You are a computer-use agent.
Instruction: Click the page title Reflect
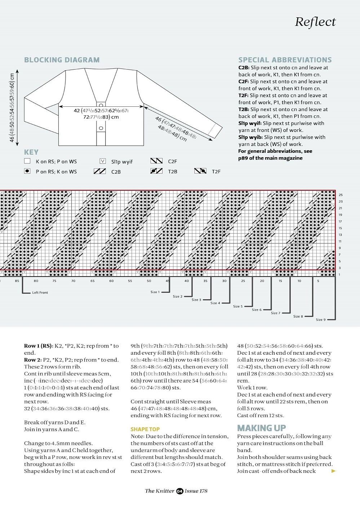click(x=315, y=22)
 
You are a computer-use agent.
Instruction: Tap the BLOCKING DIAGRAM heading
click(x=62, y=60)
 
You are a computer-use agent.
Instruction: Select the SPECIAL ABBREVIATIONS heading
click(x=285, y=60)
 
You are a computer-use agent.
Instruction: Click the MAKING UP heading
click(x=261, y=428)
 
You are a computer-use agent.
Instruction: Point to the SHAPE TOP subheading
click(x=145, y=429)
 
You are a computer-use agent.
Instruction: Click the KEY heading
click(x=31, y=152)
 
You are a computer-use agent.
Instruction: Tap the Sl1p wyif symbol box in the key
click(x=103, y=161)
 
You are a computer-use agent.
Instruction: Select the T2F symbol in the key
click(x=200, y=171)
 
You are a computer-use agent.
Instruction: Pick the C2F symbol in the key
click(x=156, y=161)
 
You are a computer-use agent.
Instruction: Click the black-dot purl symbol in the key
click(x=27, y=171)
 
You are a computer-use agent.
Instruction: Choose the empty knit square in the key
click(x=27, y=161)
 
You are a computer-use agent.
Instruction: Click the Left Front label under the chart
click(x=40, y=292)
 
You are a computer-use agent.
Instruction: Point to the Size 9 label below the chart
click(x=320, y=319)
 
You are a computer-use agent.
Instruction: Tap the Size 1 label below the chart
click(x=155, y=292)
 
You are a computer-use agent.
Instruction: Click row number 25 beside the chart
click(x=341, y=195)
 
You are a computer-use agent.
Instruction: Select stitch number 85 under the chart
click(x=17, y=281)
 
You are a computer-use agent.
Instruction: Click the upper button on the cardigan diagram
click(x=101, y=105)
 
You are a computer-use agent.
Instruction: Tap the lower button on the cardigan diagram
click(x=101, y=128)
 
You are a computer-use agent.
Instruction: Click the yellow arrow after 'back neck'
click(x=333, y=471)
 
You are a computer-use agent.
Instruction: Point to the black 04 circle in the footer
click(x=179, y=491)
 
